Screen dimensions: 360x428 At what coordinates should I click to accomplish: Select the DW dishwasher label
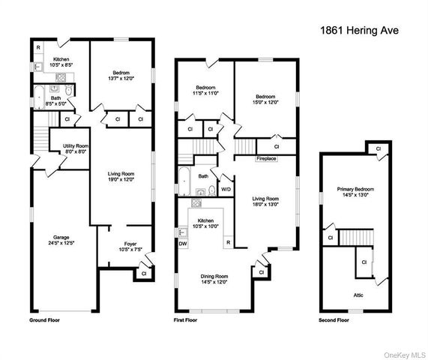coord(183,243)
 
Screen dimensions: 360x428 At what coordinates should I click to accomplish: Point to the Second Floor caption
coord(334,320)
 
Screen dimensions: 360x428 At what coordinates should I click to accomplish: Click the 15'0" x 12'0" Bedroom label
coord(265,100)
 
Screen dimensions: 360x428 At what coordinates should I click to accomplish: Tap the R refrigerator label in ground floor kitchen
coord(37,49)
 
